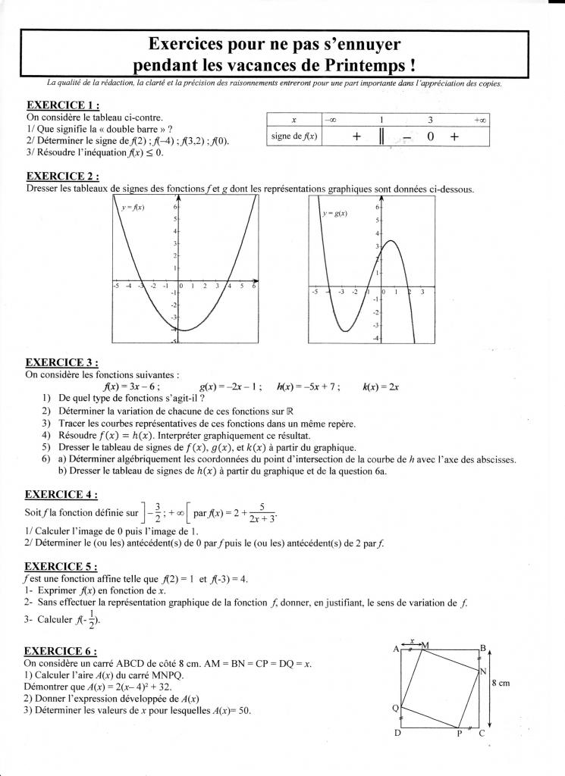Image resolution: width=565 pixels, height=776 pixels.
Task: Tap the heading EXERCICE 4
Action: [x=62, y=494]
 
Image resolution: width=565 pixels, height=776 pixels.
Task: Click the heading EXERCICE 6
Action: [x=62, y=650]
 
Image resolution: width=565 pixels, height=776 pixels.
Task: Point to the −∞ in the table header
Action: [x=330, y=120]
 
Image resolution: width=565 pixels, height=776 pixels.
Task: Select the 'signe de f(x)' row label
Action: [x=294, y=136]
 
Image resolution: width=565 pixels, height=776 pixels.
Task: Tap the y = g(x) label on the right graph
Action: [x=334, y=214]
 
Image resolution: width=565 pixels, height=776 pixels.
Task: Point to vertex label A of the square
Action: [x=396, y=649]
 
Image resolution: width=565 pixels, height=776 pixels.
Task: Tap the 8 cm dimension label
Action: [x=500, y=683]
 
